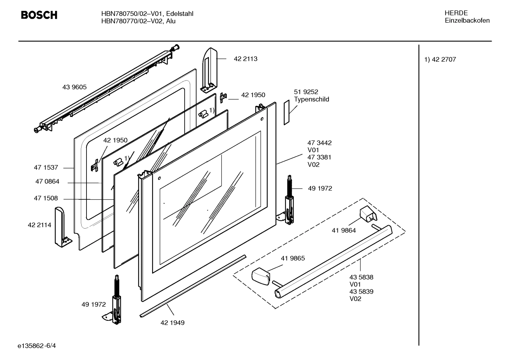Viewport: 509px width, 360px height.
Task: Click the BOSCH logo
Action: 39,15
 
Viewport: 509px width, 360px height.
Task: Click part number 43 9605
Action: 74,87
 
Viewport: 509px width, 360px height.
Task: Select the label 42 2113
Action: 245,59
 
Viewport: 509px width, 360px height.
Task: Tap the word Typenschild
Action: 311,100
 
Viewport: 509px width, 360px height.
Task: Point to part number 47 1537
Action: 46,167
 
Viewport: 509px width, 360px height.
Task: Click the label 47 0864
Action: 47,182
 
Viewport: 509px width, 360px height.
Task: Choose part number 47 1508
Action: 46,198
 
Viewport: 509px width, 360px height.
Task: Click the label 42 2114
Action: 39,225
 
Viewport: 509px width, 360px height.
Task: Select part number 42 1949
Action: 172,323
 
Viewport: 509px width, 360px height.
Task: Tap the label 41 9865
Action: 293,258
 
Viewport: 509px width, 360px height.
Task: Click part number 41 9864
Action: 344,230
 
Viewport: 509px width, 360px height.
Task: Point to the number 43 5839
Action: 361,291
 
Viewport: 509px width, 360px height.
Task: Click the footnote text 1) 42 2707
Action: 440,60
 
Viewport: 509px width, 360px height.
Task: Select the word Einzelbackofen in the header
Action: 467,20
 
